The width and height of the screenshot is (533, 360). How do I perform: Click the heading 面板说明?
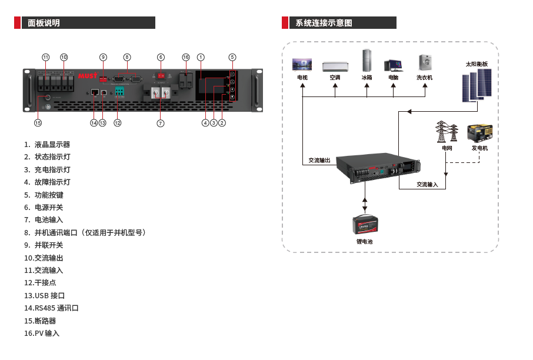[44, 23]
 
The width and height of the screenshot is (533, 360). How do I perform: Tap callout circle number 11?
[46, 57]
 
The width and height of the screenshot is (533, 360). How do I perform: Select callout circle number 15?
[38, 124]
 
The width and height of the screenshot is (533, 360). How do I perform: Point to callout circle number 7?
[161, 124]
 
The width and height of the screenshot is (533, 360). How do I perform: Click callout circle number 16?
[186, 57]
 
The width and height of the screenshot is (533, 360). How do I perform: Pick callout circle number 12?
[118, 123]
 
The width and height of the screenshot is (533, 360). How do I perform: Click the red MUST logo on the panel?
[87, 76]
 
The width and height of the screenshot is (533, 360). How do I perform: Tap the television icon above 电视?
[302, 64]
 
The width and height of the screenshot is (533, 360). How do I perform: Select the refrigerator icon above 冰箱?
[367, 61]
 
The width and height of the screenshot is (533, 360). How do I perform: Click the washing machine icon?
[425, 63]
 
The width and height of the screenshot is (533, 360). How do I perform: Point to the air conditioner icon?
[335, 65]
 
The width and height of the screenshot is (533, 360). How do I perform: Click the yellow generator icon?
[479, 133]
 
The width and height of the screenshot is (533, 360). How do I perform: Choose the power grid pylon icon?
[447, 132]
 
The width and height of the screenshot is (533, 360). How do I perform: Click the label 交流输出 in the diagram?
[319, 160]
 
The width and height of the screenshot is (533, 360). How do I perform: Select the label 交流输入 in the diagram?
[428, 184]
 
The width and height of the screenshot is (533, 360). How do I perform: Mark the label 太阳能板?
[477, 64]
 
